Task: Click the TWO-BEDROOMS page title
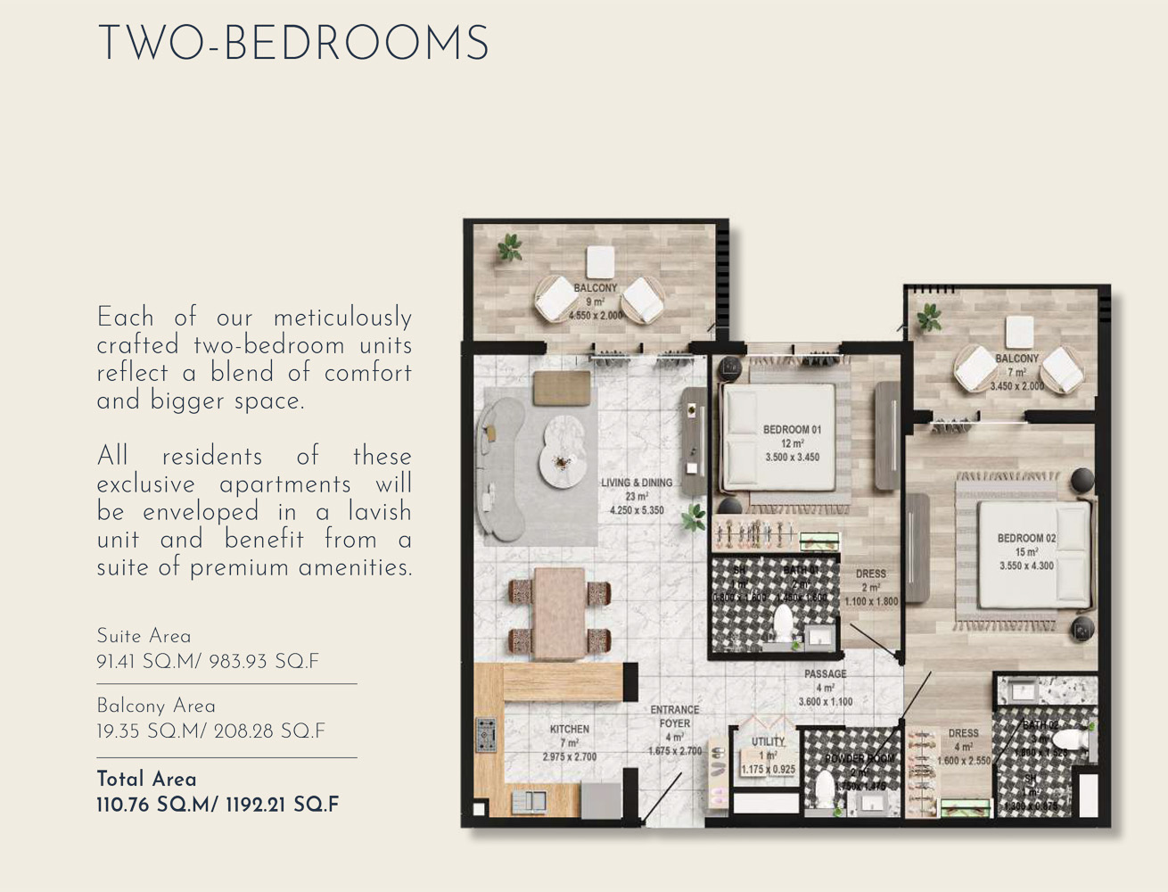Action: click(293, 45)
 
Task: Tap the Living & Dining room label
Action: click(636, 483)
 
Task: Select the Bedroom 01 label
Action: click(792, 430)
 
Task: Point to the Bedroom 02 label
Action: click(1026, 539)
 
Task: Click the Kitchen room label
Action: click(569, 730)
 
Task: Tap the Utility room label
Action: click(768, 741)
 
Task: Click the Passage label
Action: click(825, 674)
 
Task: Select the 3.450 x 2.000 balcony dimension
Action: click(1016, 386)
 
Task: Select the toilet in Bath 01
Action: click(783, 624)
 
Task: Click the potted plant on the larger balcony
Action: click(510, 247)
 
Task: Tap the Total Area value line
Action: click(218, 805)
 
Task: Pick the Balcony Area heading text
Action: click(155, 706)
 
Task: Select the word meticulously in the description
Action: click(342, 318)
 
